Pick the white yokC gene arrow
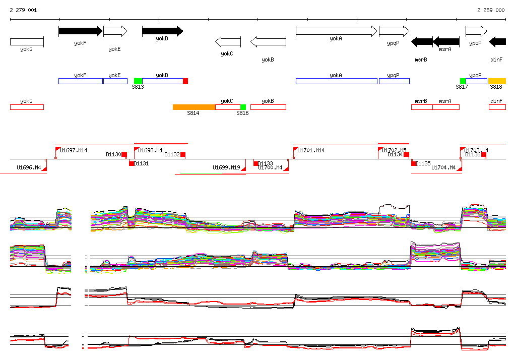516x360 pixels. coord(228,42)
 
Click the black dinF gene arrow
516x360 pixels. coord(497,42)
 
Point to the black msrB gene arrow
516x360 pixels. coord(422,42)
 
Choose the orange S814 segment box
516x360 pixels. coord(194,107)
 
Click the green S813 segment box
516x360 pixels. coord(138,81)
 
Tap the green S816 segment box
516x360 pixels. coord(243,107)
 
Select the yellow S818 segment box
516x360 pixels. coord(497,81)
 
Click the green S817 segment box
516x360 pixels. coord(463,81)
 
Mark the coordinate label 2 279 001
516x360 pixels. coord(23,10)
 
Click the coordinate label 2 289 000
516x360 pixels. coord(491,10)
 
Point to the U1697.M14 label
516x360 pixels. coord(74,150)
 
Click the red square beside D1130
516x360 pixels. coord(124,155)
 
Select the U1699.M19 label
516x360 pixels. coord(226,167)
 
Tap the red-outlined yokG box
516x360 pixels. coord(27,107)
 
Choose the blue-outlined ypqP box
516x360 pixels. coord(394,81)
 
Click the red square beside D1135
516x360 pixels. coord(414,163)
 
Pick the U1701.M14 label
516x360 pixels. coord(311,150)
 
